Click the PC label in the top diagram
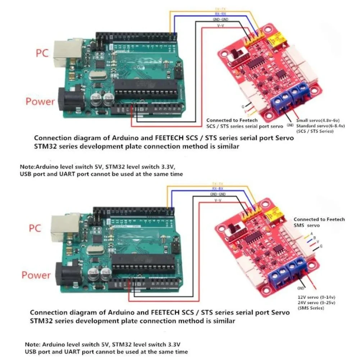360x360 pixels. click(x=42, y=54)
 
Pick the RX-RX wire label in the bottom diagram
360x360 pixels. click(x=218, y=188)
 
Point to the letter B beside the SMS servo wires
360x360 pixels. click(x=315, y=238)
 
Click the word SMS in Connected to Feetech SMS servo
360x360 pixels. click(x=299, y=225)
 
